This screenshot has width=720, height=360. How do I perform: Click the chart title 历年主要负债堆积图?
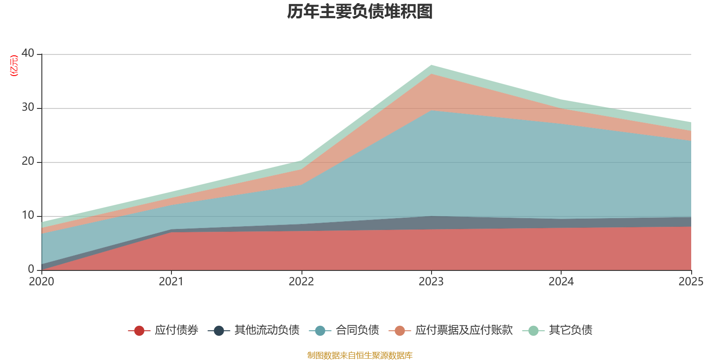coord(360,12)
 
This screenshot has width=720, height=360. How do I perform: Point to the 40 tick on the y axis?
coord(28,54)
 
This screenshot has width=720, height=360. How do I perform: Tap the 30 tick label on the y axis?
coord(28,108)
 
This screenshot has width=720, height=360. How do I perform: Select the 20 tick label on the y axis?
coord(28,162)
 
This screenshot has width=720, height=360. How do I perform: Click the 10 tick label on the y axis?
coord(28,216)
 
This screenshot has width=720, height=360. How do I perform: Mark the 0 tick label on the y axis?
coord(31,270)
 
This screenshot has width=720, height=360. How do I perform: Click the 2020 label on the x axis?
coord(41,282)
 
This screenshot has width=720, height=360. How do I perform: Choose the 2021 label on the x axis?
coord(171,282)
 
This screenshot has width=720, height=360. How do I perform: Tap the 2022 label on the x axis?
coord(301,282)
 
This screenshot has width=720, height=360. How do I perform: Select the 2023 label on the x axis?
coord(431,282)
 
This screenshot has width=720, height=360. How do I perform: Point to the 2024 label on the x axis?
coord(561,282)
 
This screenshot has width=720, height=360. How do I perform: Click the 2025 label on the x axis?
coord(691,282)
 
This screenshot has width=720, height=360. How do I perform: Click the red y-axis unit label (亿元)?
coord(14,66)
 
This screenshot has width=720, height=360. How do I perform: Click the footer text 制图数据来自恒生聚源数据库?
coord(360,355)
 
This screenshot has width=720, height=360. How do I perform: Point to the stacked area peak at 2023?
coord(431,66)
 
